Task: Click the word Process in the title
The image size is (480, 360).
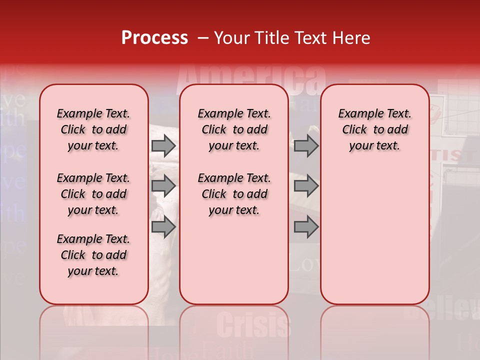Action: click(154, 38)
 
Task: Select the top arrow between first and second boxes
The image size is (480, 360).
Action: click(163, 145)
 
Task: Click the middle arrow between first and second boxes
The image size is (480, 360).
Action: click(163, 186)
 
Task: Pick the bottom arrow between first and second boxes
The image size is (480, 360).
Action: click(163, 227)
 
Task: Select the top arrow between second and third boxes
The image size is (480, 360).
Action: click(306, 145)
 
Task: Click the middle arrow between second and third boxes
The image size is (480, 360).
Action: click(306, 186)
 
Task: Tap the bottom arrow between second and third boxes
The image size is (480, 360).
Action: click(306, 227)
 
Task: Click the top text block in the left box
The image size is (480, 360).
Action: click(93, 129)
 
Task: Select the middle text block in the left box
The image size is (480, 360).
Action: click(93, 194)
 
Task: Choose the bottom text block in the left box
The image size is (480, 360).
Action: click(93, 255)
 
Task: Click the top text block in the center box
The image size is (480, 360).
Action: click(234, 129)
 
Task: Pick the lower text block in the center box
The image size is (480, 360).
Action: click(234, 194)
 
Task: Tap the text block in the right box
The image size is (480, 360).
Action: click(374, 129)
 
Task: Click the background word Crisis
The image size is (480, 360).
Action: click(253, 325)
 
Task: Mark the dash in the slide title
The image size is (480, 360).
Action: click(203, 38)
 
